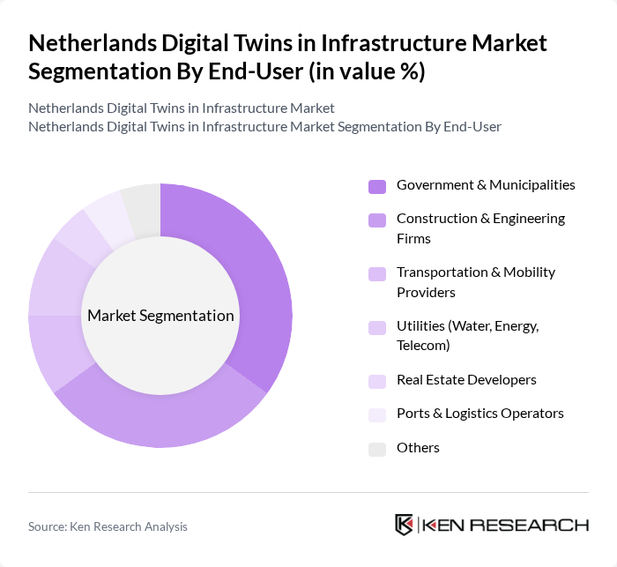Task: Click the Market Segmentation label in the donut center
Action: (160, 316)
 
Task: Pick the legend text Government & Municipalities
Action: (486, 185)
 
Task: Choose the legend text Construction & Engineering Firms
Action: (480, 228)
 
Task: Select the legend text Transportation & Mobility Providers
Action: (475, 282)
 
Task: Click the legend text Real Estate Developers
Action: (466, 380)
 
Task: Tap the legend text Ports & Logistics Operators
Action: (479, 414)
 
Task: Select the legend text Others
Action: (418, 448)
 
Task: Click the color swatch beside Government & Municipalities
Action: (377, 186)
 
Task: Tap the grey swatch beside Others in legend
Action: (377, 449)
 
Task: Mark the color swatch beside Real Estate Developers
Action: (377, 381)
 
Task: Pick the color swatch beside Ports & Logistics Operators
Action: (377, 414)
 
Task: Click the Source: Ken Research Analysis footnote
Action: (108, 526)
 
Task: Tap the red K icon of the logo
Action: (405, 525)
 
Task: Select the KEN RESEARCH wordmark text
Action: (506, 526)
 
